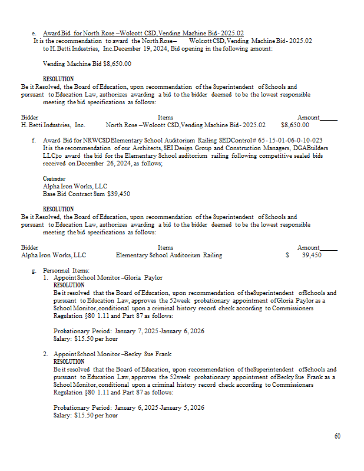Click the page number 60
pos(337,436)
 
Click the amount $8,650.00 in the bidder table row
pos(295,125)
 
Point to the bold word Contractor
pos(54,178)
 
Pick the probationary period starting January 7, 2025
pos(129,331)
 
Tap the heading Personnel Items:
pos(66,270)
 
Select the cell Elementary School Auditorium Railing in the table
pos(169,255)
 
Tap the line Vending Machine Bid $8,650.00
pos(87,64)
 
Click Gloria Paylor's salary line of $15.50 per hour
pos(85,338)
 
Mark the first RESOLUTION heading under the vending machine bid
pos(58,79)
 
